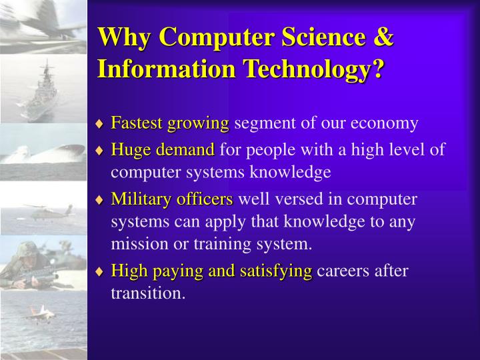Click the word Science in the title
pyautogui.click(x=314, y=38)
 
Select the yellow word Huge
pyautogui.click(x=128, y=150)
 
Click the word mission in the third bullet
pyautogui.click(x=137, y=244)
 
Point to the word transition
pyautogui.click(x=147, y=293)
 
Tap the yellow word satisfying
pyautogui.click(x=279, y=271)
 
